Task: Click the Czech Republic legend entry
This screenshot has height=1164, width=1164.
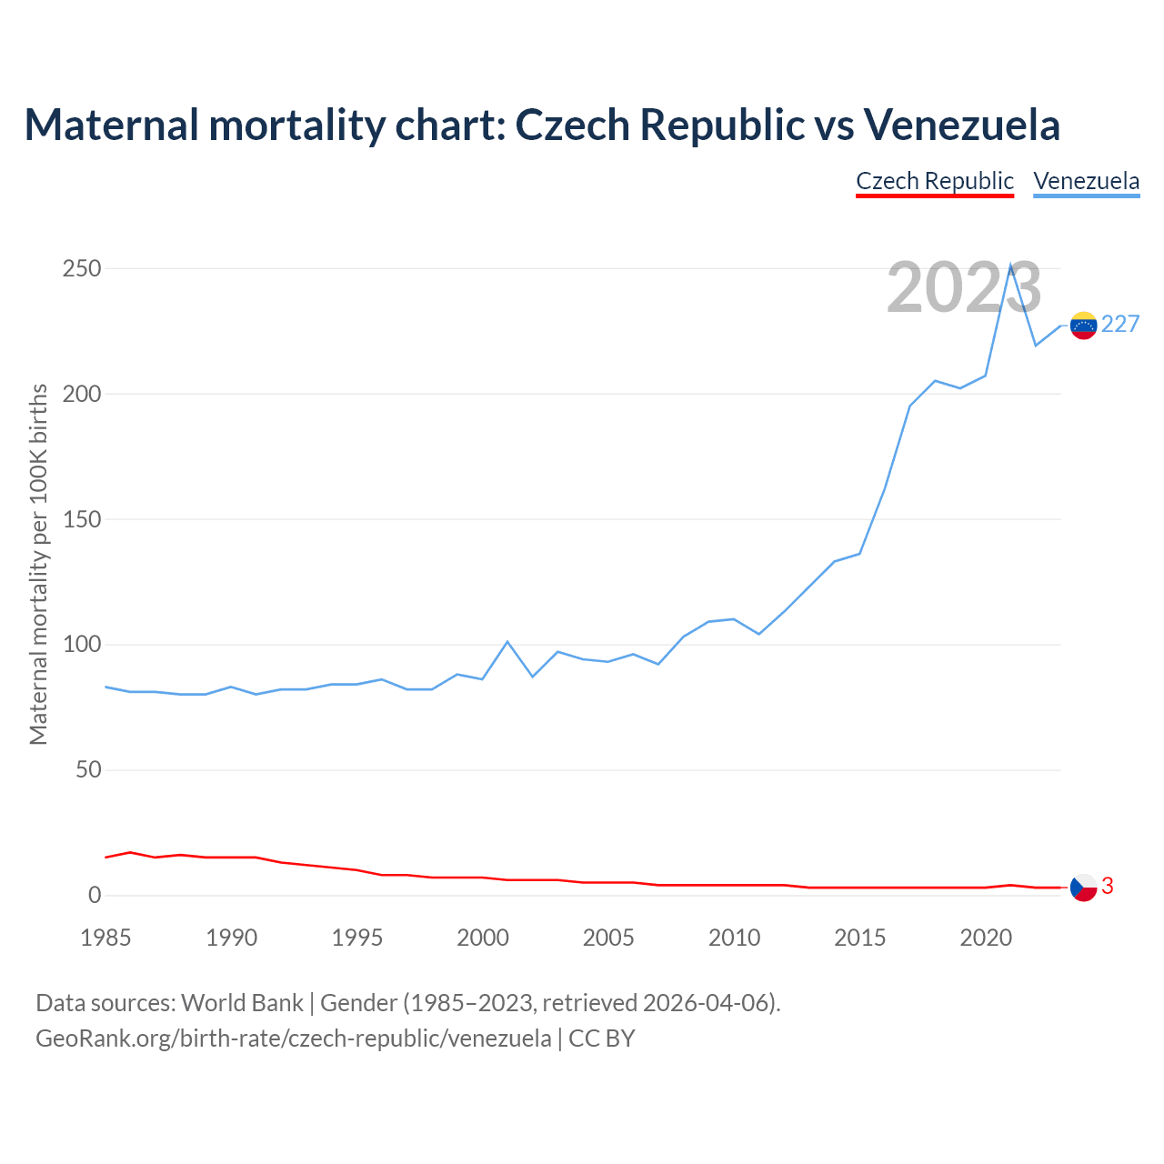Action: [934, 181]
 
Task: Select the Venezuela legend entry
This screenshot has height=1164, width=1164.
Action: [1086, 181]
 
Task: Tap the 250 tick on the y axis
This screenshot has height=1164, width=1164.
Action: [81, 269]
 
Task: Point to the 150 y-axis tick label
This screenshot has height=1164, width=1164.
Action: [81, 520]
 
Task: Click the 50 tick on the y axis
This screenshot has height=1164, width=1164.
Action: [87, 771]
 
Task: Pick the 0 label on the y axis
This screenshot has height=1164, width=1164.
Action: [94, 896]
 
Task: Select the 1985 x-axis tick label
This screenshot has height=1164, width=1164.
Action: [105, 938]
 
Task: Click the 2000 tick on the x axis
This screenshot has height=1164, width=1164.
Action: [483, 938]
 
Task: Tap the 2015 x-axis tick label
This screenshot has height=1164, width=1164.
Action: [859, 938]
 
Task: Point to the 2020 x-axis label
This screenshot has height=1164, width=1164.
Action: [986, 938]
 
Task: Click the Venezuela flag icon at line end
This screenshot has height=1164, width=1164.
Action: [1083, 326]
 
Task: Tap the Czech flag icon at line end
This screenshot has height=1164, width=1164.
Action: [1083, 888]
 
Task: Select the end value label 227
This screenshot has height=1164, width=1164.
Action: [1120, 325]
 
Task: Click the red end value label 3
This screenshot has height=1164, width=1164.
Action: [1108, 887]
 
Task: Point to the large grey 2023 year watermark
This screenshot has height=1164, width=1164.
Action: [964, 288]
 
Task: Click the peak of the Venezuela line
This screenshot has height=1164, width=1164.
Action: [1010, 265]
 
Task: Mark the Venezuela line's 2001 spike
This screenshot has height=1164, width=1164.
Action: [507, 642]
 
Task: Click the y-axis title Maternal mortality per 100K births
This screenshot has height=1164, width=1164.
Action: [39, 564]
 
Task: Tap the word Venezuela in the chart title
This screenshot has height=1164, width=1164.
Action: [961, 125]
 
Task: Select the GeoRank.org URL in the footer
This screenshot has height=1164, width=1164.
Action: [294, 1039]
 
